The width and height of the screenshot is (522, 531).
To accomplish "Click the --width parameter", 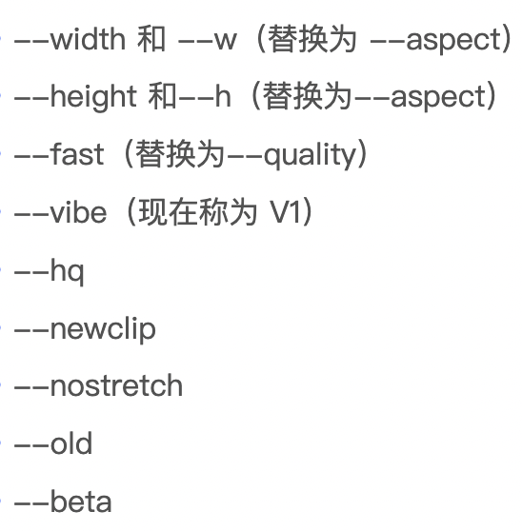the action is pos(70,39).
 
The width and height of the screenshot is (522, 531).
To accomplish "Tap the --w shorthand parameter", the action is pos(207,41).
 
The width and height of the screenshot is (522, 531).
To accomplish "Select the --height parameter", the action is pos(75,97).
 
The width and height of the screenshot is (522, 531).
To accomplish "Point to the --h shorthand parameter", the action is pos(205,96).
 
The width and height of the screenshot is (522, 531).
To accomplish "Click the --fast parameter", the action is pos(59,154).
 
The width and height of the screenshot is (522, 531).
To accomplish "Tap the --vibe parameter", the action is pos(60,211).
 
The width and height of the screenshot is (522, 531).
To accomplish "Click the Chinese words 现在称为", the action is pos(197,211).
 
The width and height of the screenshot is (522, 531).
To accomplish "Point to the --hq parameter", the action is pos(49,271).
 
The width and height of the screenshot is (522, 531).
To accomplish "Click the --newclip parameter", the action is pos(85,329).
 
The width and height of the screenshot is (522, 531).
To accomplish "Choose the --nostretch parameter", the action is pos(98,385).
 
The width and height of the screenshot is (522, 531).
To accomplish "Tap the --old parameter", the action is pos(53,442).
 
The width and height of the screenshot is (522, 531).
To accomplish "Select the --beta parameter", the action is pos(63,501).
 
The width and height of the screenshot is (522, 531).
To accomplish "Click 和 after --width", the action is pos(151,39).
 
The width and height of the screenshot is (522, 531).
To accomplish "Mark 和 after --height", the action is pos(162,96).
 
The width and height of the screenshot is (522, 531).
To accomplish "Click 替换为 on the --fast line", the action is pos(180,154).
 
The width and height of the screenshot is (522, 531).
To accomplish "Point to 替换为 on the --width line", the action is pos(312,39).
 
